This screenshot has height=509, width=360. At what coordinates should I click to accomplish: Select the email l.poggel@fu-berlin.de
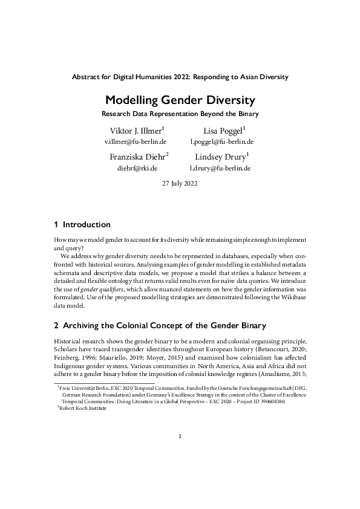tap(221, 142)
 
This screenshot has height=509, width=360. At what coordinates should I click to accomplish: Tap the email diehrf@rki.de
tap(137, 168)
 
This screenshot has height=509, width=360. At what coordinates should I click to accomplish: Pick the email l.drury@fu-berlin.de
tap(220, 168)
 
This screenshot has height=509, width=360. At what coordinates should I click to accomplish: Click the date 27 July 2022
tap(180, 183)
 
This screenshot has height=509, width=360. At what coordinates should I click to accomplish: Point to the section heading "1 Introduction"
tap(82, 225)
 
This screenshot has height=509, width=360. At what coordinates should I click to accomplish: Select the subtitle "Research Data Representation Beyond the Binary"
tap(180, 114)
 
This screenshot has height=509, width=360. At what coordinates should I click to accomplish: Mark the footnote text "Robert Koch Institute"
tap(87, 408)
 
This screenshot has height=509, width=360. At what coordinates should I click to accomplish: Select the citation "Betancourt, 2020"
tap(281, 349)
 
